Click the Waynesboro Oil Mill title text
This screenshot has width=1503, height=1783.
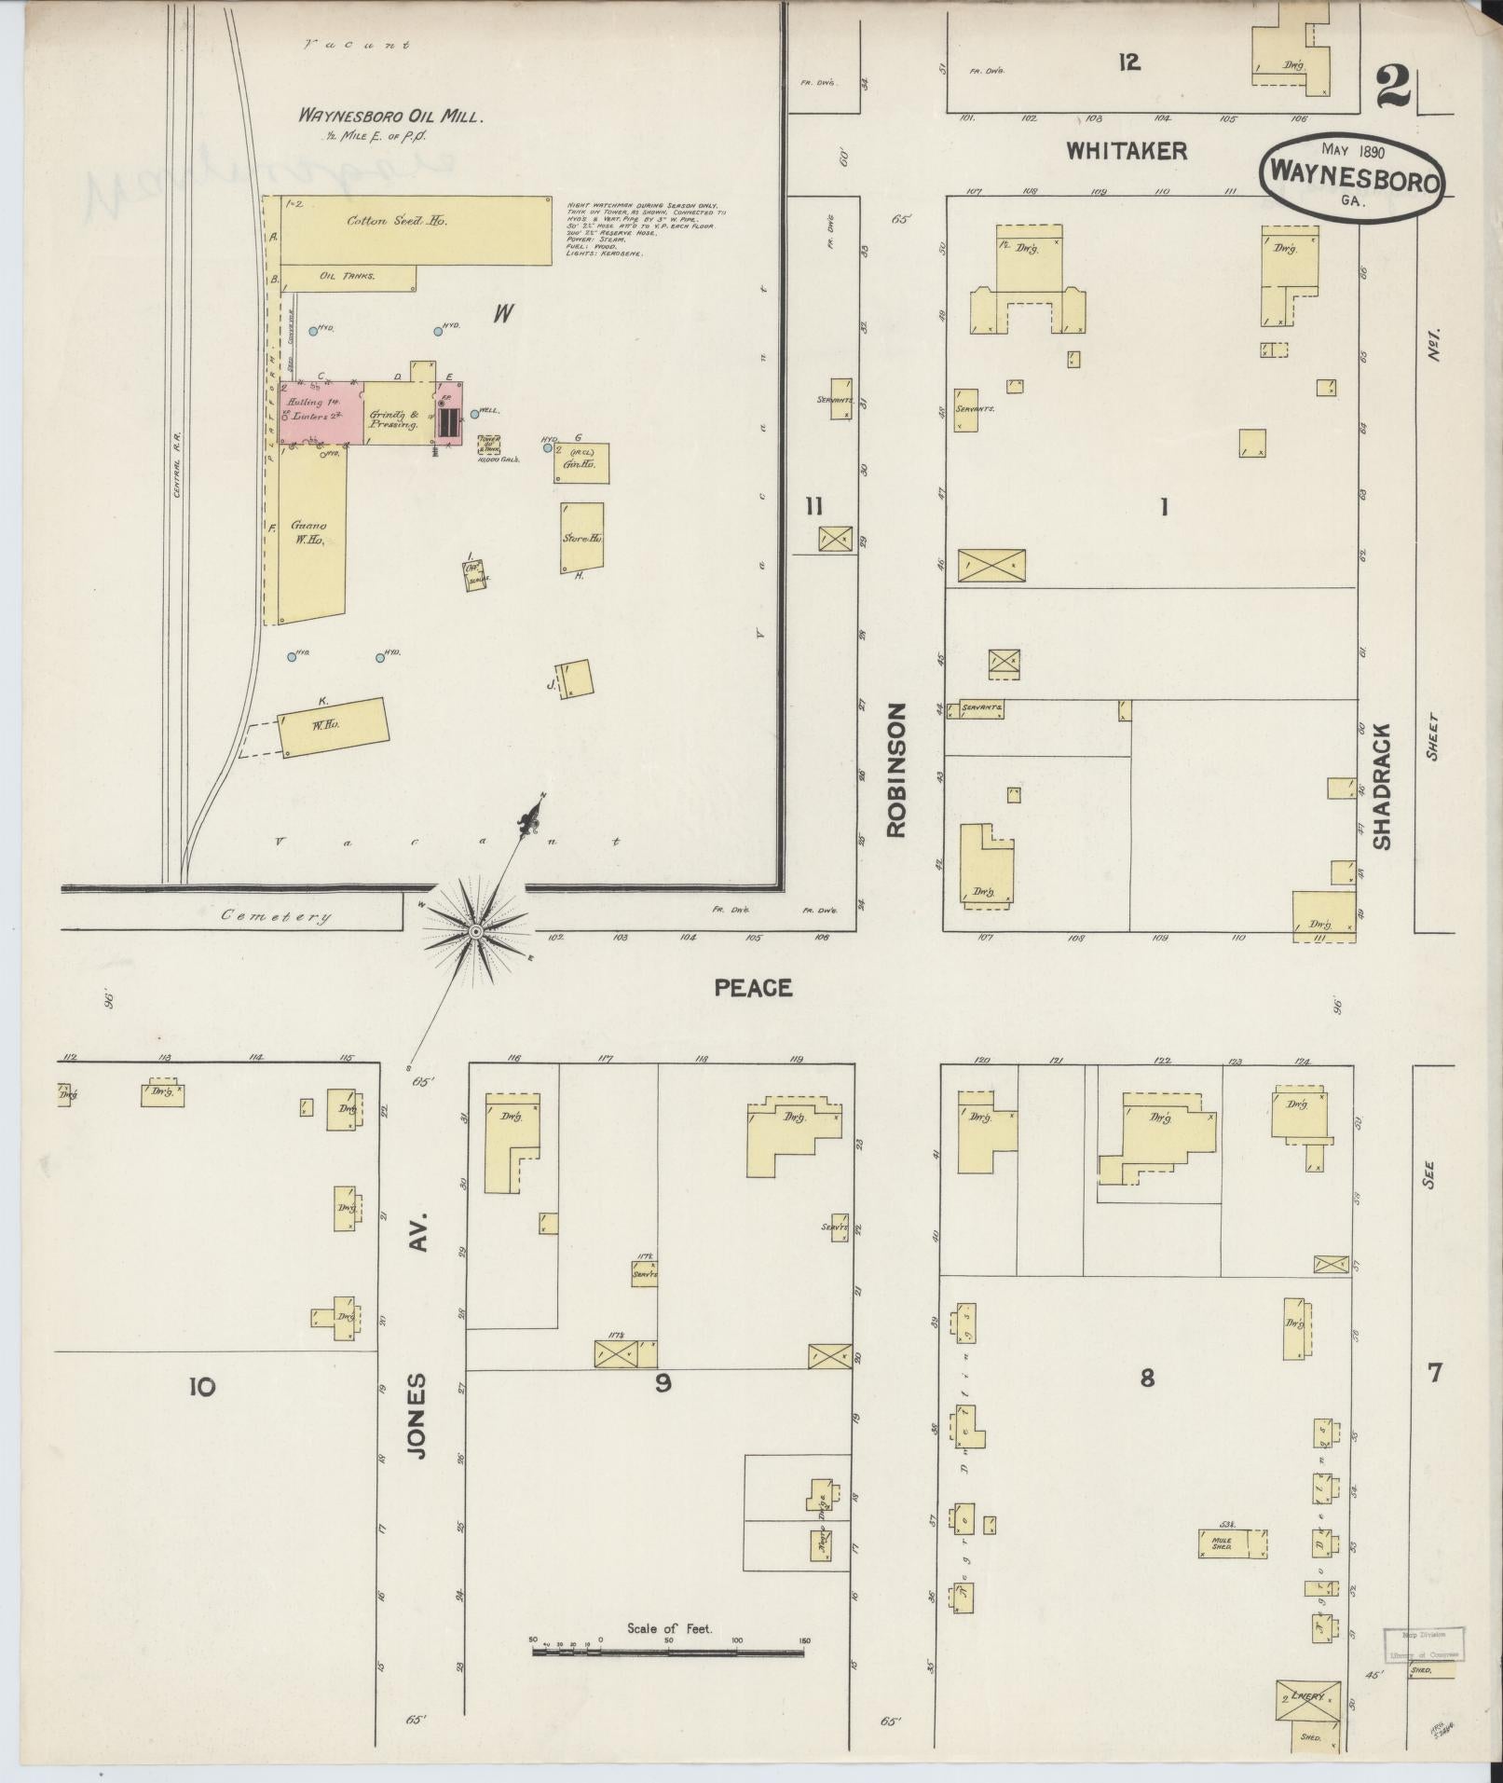(389, 117)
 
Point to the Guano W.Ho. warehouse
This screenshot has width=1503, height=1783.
(311, 536)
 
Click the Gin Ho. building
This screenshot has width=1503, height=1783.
(583, 463)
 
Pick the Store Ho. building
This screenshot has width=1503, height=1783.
(581, 538)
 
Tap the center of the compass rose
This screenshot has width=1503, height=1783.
(475, 931)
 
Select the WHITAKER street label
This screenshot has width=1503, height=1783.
(1126, 151)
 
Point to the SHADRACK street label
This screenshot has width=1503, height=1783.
(1381, 786)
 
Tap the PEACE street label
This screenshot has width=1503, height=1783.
(753, 988)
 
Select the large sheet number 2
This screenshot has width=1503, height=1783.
(1393, 91)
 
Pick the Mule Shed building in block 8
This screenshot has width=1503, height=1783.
(1223, 1543)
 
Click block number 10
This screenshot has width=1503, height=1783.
(201, 1387)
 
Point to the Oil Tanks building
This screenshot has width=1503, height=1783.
(347, 276)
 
